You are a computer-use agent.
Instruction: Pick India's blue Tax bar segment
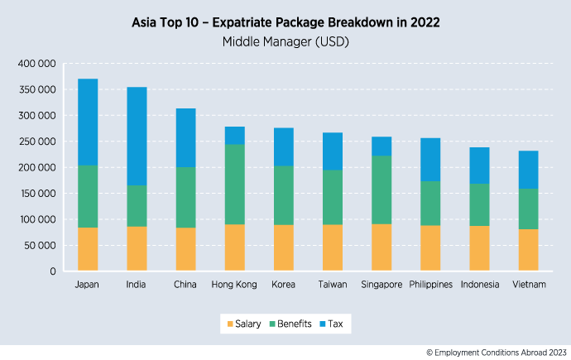[137, 136]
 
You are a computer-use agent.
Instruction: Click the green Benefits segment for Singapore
[381, 190]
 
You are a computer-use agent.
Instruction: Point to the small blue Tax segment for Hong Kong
[235, 136]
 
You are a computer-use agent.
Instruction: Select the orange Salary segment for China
[185, 249]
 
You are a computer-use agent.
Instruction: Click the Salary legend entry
[246, 324]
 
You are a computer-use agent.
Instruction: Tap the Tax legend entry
[335, 324]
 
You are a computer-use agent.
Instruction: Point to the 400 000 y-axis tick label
[35, 64]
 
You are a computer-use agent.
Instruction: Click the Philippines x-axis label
[430, 285]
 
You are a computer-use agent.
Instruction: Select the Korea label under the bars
[284, 285]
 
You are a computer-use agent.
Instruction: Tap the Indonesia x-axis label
[479, 285]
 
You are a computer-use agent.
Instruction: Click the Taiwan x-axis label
[333, 285]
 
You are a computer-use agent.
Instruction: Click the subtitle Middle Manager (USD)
[285, 41]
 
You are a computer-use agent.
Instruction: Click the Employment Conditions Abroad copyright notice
[496, 353]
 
